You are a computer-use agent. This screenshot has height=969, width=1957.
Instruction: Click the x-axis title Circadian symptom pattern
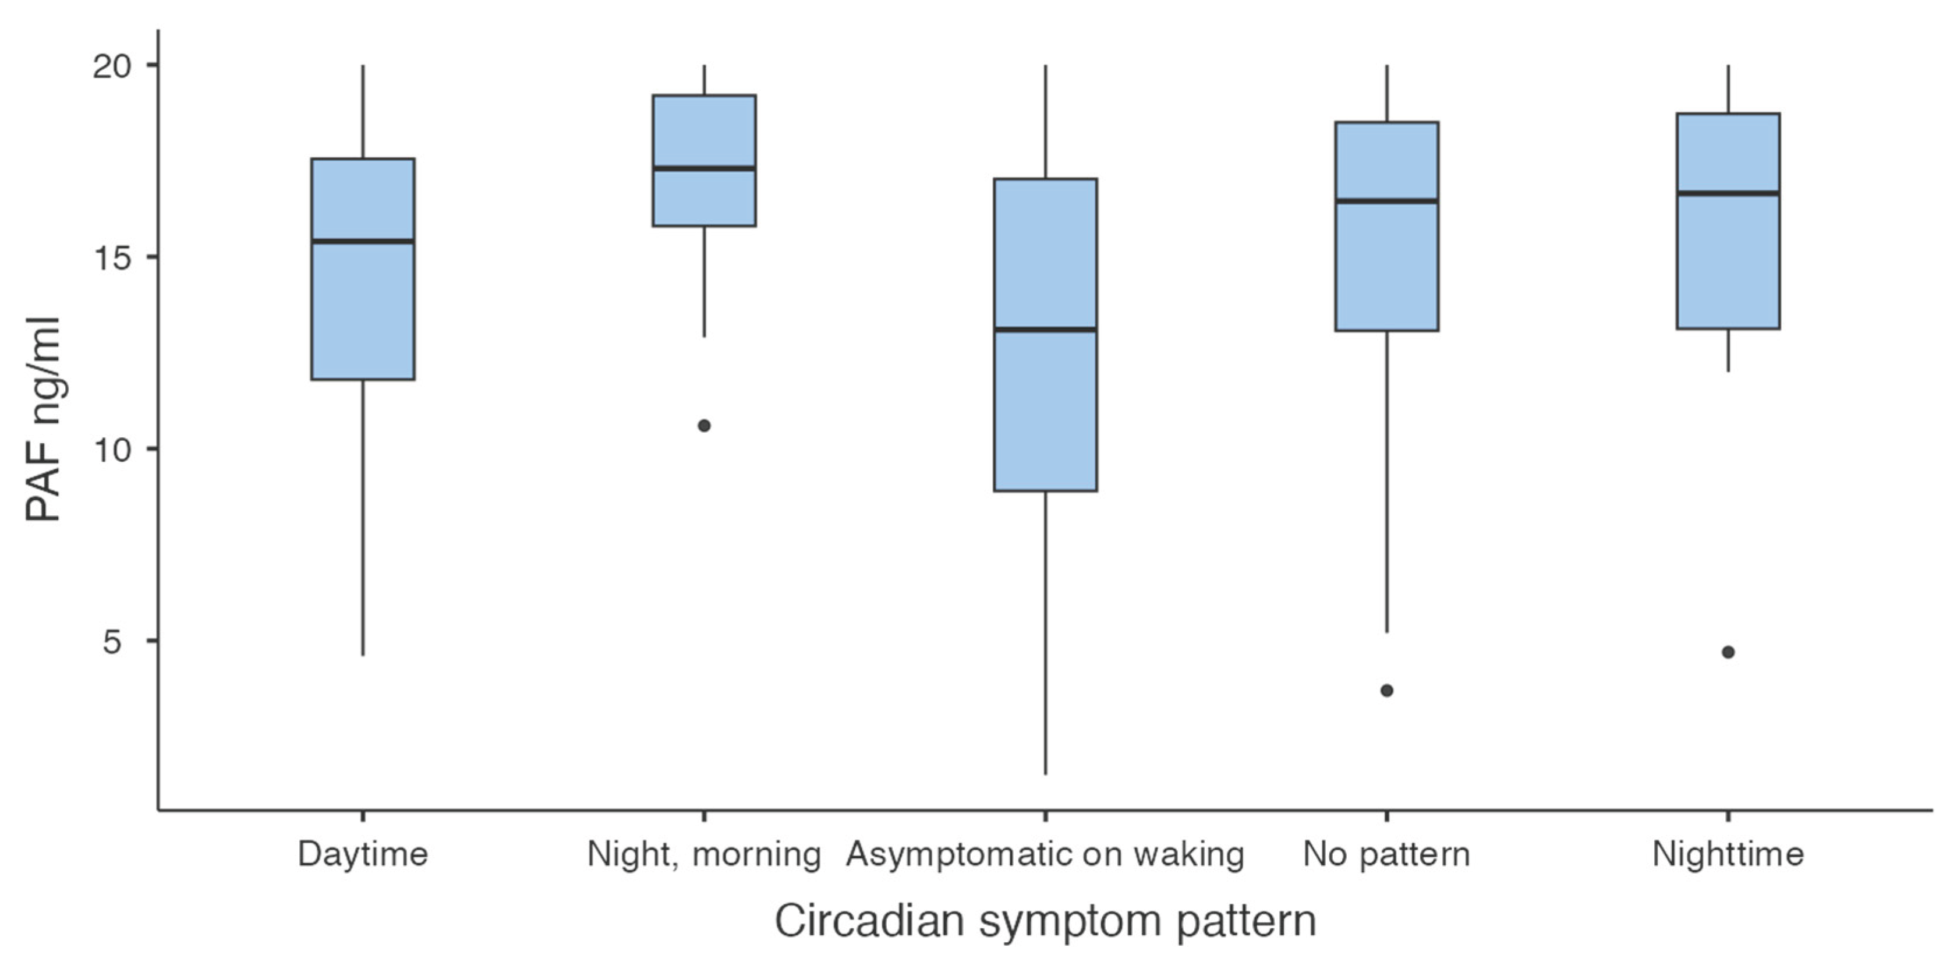point(1045,920)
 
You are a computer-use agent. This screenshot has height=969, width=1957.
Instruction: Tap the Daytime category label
point(363,854)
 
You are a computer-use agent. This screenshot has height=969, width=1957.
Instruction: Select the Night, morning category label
point(704,854)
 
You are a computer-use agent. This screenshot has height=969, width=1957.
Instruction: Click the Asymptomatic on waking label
point(1045,854)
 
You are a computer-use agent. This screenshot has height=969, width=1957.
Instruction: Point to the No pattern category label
point(1386,854)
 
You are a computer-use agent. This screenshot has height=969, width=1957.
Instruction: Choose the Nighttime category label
point(1728,854)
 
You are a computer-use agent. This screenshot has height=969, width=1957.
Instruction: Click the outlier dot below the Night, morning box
point(704,426)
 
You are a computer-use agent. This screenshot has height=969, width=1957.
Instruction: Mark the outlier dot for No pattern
point(1386,690)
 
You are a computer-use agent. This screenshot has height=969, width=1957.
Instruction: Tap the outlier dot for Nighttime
point(1728,652)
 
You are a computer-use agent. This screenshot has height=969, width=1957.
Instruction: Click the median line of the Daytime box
point(363,241)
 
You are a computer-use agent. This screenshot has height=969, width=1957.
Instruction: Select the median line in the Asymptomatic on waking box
point(1045,329)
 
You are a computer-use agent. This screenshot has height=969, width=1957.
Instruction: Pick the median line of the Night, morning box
point(704,168)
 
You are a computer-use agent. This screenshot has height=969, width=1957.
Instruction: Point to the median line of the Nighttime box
point(1728,193)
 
